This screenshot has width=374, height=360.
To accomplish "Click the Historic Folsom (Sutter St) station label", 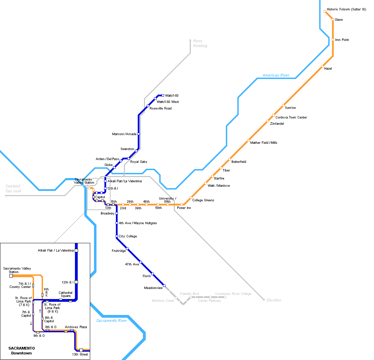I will point(346,9).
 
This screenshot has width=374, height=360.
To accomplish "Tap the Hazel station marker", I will point(322,66).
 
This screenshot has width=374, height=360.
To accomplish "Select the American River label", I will point(276,75).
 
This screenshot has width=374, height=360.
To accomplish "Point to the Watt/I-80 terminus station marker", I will point(163,95).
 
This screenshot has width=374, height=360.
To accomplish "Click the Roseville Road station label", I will point(160,108).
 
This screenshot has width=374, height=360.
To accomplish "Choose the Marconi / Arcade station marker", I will point(138,134).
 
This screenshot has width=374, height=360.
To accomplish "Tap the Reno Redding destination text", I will point(200,43).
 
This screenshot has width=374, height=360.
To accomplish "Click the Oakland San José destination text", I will point(13,188).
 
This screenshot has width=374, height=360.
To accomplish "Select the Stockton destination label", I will point(274,300).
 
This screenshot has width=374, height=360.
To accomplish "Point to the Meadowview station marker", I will point(164,286).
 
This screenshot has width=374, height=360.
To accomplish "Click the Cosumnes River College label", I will point(233,294).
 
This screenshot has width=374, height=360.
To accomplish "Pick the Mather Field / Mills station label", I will point(264,142).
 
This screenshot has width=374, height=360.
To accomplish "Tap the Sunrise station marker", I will point(283,105).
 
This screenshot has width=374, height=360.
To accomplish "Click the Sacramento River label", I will point(111,321).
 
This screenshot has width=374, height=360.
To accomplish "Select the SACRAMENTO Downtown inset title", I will point(22,351).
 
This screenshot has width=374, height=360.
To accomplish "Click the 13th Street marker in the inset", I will point(81,350).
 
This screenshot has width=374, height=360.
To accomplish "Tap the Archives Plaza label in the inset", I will point(76,327).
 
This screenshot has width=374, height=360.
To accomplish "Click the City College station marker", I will point(117,236).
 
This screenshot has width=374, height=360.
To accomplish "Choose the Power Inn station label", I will point(184,208).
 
